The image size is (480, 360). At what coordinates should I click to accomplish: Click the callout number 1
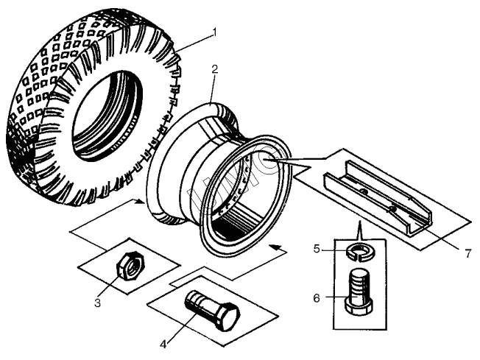pos(214,32)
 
